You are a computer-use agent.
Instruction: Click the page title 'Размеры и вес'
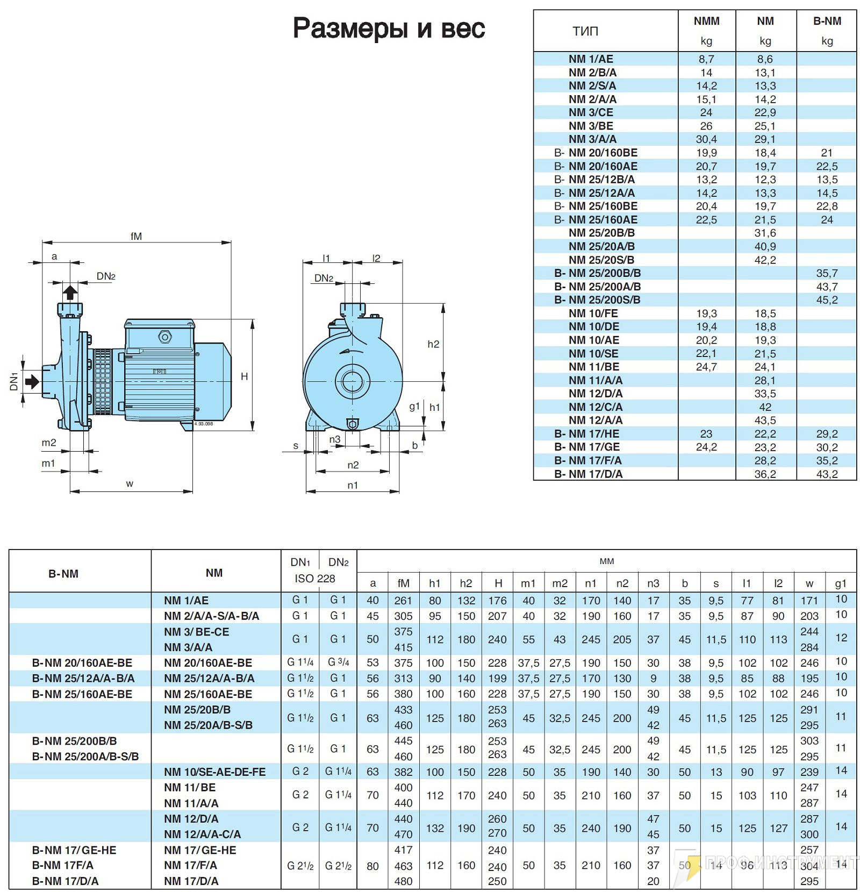coord(389,28)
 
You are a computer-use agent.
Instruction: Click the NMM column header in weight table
coord(706,21)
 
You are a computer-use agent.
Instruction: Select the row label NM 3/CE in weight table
coord(591,112)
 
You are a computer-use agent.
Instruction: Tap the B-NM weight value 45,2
coord(827,300)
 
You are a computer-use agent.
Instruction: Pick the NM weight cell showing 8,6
coord(765,59)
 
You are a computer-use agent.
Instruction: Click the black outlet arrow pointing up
coord(70,292)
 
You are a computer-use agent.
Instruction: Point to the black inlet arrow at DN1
coord(32,381)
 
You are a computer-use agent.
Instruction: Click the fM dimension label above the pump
coord(136,236)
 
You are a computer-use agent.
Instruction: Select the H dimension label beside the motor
coord(245,376)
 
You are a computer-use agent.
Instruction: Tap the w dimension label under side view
coord(130,483)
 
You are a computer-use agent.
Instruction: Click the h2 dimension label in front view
coord(433,344)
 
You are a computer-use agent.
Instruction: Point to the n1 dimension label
coord(353,485)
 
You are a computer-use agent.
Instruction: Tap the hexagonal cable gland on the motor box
coord(164,338)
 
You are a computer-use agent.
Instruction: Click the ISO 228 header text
coord(315,579)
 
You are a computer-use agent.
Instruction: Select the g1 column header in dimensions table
coord(841,583)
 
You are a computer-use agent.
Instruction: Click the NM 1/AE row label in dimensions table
coord(187,601)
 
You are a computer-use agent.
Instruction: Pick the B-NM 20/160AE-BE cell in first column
coord(82,663)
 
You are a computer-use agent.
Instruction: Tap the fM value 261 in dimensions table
coord(403,601)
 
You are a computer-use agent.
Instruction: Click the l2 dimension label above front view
coord(376,258)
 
